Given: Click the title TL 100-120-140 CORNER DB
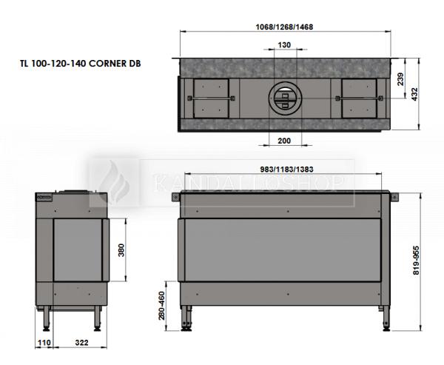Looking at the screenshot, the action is coord(81,63).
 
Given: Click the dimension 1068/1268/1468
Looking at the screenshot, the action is coord(284,27).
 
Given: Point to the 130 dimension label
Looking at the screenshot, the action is coord(284,45).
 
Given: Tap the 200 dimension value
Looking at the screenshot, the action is coord(284,141).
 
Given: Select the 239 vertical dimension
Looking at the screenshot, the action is coord(400,79).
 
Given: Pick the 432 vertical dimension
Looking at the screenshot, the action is coord(414,94).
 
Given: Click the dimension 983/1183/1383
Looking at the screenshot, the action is coord(286,170).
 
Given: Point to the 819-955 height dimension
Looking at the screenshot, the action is coord(416,260).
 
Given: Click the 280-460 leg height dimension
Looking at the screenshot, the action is coord(161,306).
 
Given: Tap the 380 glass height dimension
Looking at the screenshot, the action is coord(121,250).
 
